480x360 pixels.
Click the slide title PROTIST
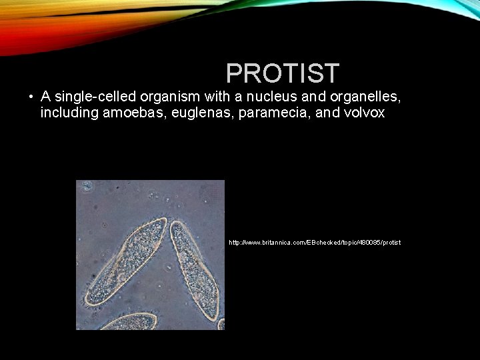point(283,73)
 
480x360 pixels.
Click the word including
point(69,113)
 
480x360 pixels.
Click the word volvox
point(364,113)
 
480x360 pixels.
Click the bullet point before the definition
point(31,97)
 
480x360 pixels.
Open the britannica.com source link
point(315,243)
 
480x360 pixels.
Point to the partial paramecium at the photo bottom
point(127,322)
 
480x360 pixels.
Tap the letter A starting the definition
point(46,97)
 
